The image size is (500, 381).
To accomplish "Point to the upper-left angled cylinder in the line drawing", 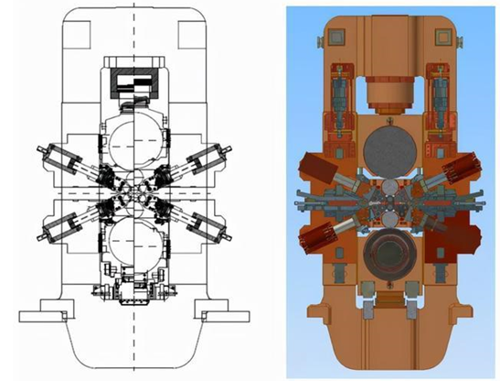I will [69, 160].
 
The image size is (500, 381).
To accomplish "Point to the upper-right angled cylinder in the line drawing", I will [202, 160].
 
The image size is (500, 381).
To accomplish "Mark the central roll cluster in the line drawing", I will [135, 193].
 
